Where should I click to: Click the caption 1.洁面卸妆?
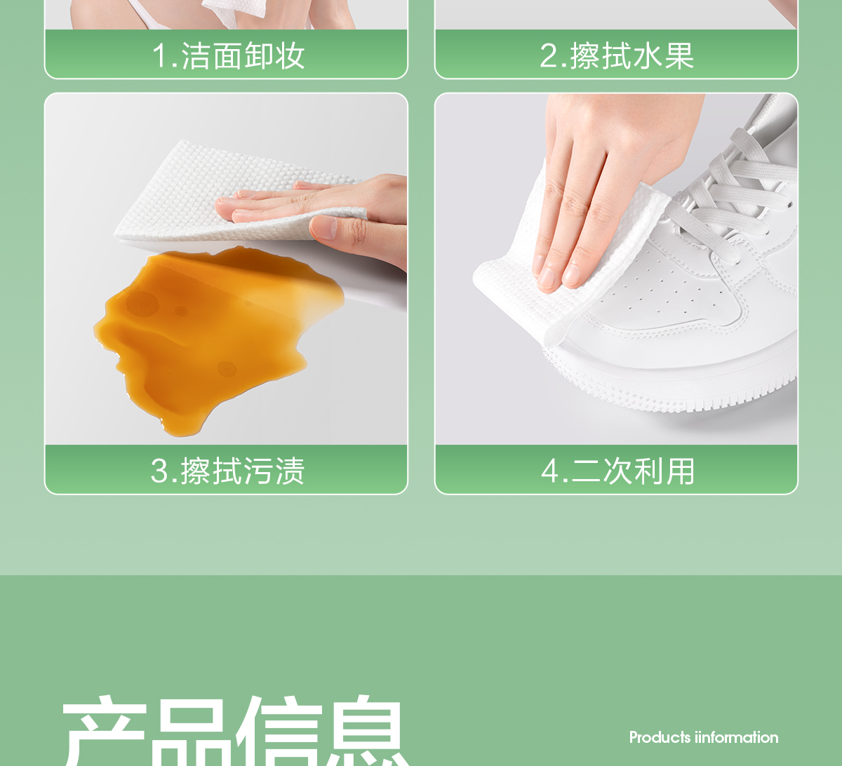(228, 56)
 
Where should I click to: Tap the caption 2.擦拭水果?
(617, 56)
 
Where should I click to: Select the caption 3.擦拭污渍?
(227, 471)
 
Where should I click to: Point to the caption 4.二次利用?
(618, 471)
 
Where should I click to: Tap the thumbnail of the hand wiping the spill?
(226, 269)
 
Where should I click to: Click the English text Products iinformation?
(704, 737)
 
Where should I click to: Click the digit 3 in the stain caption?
(159, 471)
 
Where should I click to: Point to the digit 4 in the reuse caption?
(549, 471)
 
